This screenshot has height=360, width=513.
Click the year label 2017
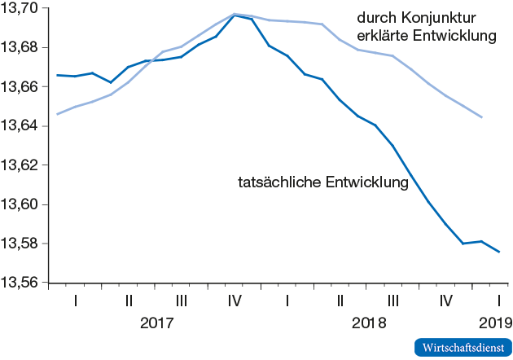pos(157,323)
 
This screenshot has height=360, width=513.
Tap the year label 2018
pos(369,323)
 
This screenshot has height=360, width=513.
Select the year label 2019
pos(496,323)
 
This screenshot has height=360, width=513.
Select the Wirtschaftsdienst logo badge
pos(463,347)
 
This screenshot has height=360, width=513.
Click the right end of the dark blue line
pos(499,252)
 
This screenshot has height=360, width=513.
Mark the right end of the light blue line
pos(482,117)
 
